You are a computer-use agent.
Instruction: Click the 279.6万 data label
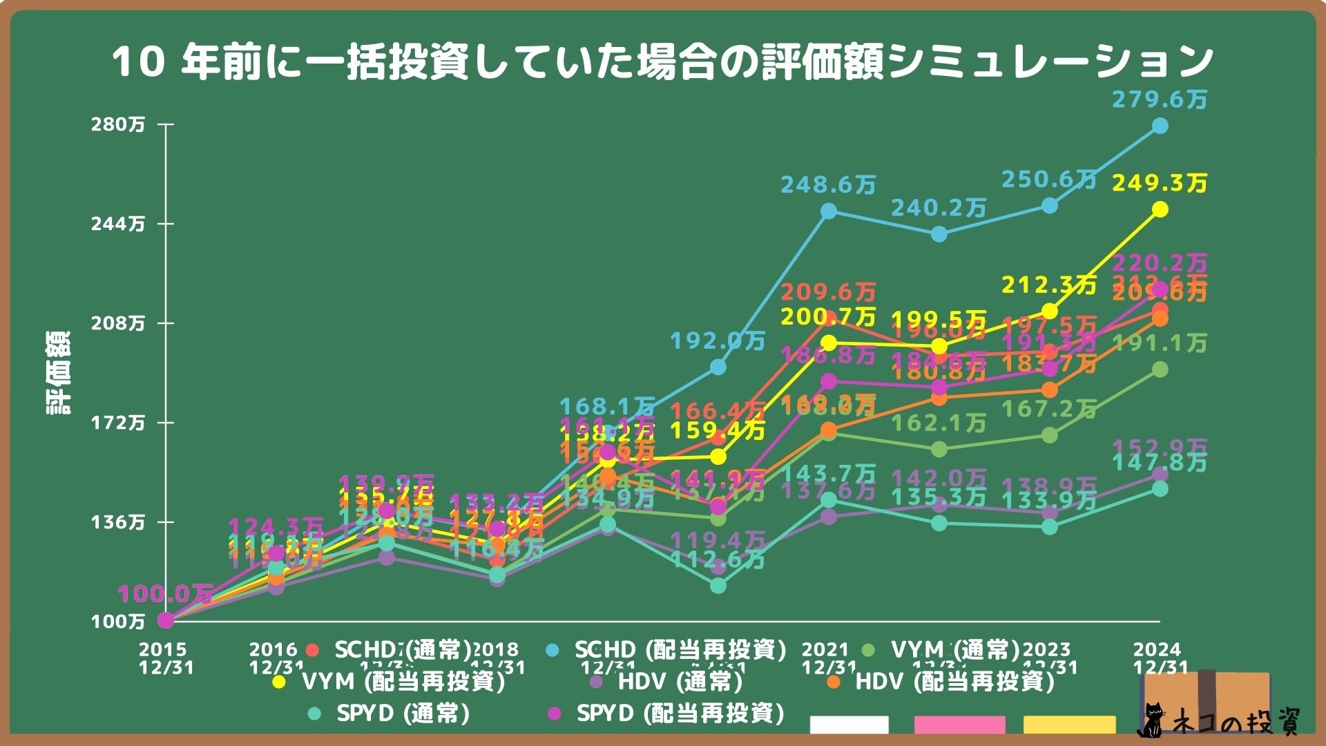click(1160, 100)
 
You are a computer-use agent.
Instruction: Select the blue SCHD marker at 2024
click(1160, 126)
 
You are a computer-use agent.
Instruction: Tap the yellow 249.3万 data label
click(1160, 184)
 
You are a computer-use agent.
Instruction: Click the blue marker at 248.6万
click(829, 211)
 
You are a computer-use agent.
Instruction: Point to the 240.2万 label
click(939, 208)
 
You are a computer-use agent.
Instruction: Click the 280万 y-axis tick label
click(118, 124)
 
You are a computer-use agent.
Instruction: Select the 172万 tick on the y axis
click(118, 423)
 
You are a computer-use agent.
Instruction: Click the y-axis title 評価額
click(59, 373)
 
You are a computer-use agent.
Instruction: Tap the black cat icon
click(1151, 720)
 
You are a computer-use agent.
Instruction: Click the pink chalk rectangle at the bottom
click(959, 725)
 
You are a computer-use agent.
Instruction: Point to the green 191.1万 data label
click(1160, 343)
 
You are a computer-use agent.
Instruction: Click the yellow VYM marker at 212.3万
click(1050, 312)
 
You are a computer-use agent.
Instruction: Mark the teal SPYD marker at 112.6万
click(718, 586)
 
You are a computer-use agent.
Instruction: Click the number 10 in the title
click(138, 62)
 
